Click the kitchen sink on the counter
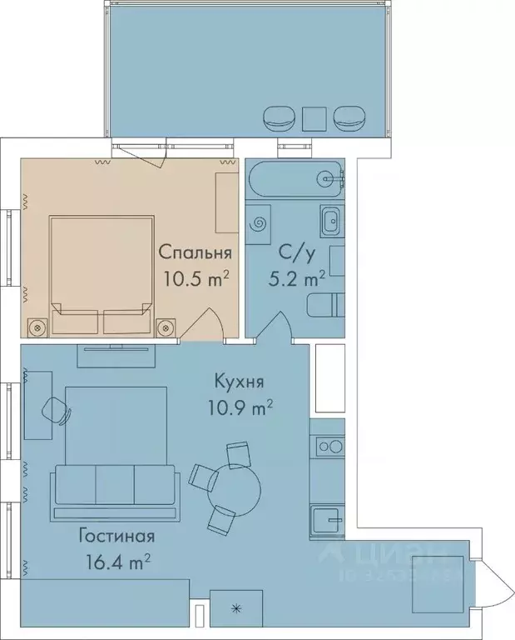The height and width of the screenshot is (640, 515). pyautogui.click(x=326, y=521)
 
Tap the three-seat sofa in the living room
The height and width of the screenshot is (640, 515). pyautogui.click(x=115, y=484)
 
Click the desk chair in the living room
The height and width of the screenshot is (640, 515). pyautogui.click(x=56, y=410)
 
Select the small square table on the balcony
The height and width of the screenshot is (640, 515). pyautogui.click(x=315, y=119)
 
